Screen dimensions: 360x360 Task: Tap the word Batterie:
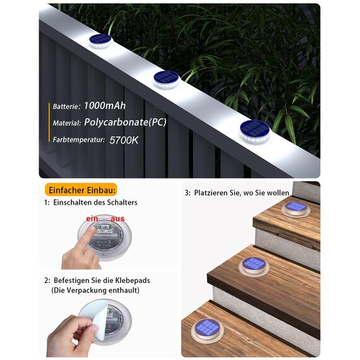pos(66,107)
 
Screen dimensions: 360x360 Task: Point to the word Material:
pos(66,124)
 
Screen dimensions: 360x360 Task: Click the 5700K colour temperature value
pos(124,140)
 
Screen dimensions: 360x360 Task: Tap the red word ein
pos(92,219)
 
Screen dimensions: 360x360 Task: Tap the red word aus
pos(117,219)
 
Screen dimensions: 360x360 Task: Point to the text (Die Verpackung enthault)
pos(95,290)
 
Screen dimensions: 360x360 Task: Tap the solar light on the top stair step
pos(296,208)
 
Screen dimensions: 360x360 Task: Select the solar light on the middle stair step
pos(255,265)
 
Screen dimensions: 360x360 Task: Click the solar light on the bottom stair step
pos(208,329)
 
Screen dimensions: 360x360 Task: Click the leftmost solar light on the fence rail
pos(99,40)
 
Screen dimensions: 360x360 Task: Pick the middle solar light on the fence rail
pos(167,78)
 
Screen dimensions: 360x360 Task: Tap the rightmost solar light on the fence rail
pos(255,129)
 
